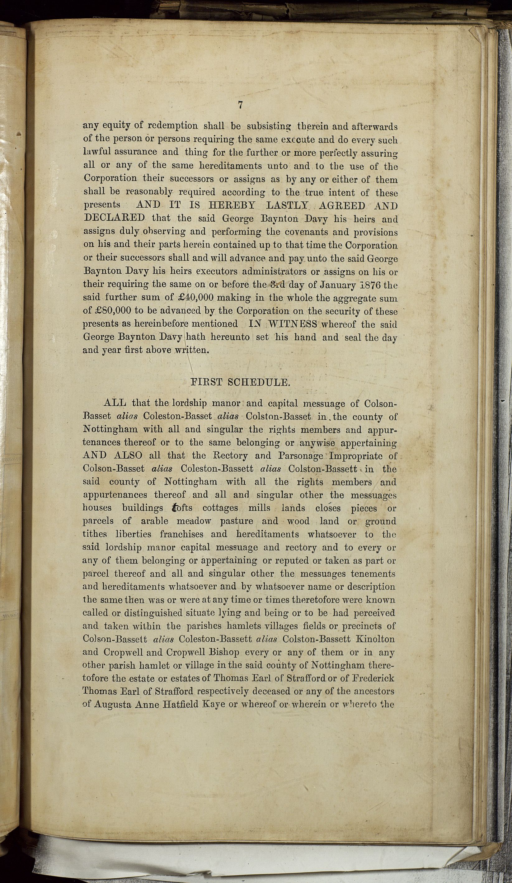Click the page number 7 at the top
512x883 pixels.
coord(240,105)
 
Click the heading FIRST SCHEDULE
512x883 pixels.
coord(240,382)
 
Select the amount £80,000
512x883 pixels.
coord(107,311)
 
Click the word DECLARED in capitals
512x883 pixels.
coord(114,218)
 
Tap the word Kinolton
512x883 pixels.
coord(375,639)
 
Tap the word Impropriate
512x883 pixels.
coord(357,456)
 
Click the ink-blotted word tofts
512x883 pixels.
coord(182,508)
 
